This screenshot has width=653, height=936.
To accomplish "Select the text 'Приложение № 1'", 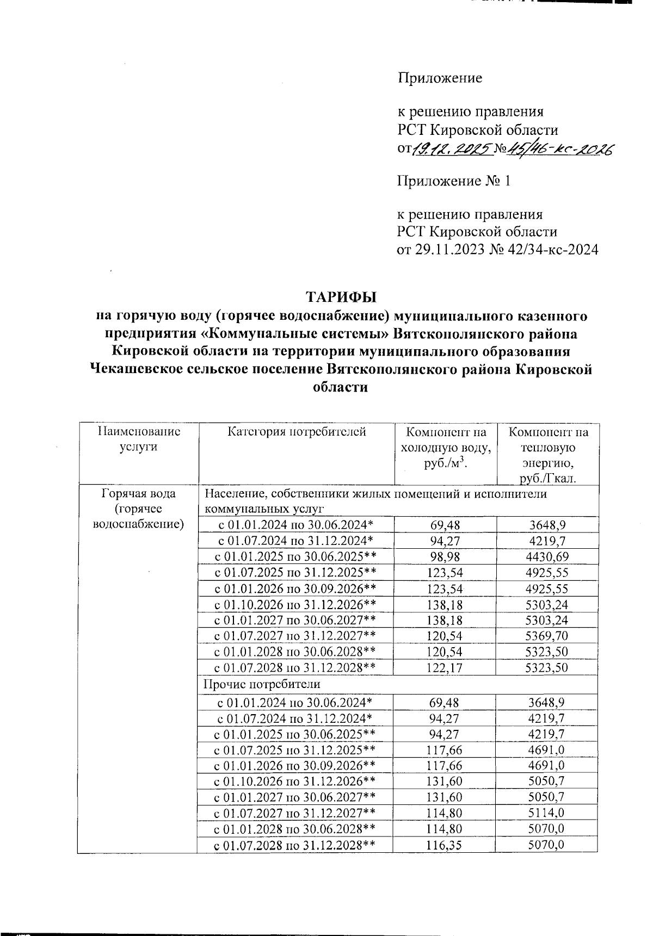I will [x=454, y=181].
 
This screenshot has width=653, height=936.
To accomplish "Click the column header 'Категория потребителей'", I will [x=297, y=432].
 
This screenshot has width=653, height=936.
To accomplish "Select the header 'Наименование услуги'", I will [x=139, y=439].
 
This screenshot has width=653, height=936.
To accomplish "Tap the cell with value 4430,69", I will [x=546, y=556].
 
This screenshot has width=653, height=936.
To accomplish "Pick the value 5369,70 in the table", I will [x=546, y=635].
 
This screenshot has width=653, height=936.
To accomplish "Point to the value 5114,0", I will [x=546, y=813].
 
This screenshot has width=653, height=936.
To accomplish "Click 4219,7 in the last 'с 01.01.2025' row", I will [x=546, y=734].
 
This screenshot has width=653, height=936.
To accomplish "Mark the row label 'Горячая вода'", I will [x=139, y=494].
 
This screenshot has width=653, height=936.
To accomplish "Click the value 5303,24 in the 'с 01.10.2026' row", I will [x=546, y=604].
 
